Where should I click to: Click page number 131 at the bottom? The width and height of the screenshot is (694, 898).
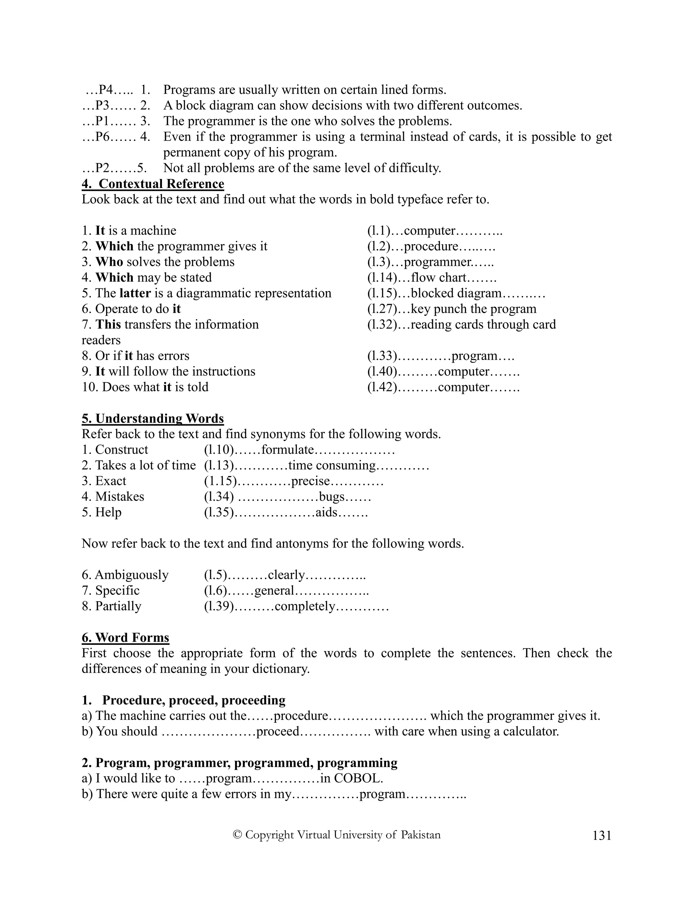602,836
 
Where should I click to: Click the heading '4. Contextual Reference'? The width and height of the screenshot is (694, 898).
153,184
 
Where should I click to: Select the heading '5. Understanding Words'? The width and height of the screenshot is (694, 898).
153,419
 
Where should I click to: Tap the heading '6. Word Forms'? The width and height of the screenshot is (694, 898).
125,638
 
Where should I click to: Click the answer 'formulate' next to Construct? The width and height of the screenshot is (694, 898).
287,450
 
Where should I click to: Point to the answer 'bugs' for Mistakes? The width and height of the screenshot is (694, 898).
331,497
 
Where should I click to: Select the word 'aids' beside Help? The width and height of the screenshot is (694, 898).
326,512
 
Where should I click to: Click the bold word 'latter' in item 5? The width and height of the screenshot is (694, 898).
135,293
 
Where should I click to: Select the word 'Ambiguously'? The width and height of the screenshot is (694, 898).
131,575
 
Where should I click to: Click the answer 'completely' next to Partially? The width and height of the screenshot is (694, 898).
305,606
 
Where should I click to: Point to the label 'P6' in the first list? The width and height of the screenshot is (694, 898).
102,137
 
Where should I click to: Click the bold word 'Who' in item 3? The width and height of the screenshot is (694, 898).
109,262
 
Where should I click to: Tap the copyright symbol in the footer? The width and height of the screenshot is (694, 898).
237,835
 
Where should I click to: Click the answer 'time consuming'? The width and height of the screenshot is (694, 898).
332,466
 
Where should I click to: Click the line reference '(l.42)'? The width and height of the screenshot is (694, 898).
382,387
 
